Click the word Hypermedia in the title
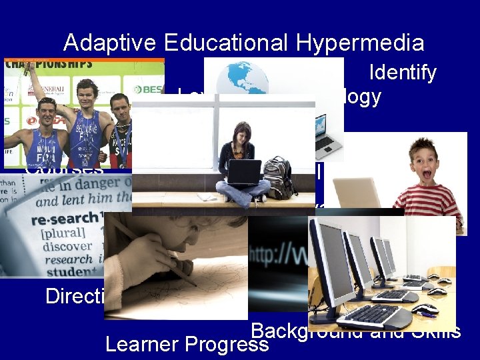[360, 43]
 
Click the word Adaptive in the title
[111, 43]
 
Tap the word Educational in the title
[227, 43]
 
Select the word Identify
[402, 72]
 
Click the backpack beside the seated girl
[278, 176]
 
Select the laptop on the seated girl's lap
[243, 172]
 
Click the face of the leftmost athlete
[46, 111]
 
